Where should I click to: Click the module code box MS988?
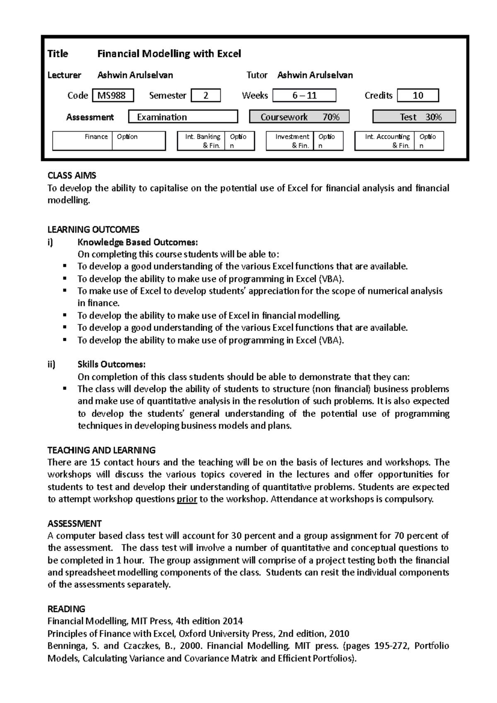tap(113, 96)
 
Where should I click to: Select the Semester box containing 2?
tap(205, 96)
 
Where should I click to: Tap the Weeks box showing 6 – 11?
tap(305, 96)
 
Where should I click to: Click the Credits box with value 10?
tap(417, 96)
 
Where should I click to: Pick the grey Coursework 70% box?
tap(299, 117)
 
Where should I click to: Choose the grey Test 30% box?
tap(414, 117)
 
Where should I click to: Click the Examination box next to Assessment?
tap(183, 117)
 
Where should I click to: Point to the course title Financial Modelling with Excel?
tap(169, 54)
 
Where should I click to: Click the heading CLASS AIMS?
tap(72, 176)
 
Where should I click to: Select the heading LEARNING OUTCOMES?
tap(93, 230)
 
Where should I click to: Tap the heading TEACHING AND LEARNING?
tap(101, 450)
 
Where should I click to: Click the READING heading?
tap(66, 609)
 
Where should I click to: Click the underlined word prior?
tap(187, 499)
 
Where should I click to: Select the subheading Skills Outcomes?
tap(111, 365)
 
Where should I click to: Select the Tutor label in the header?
tap(257, 75)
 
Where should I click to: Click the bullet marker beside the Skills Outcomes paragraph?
tap(64, 389)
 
